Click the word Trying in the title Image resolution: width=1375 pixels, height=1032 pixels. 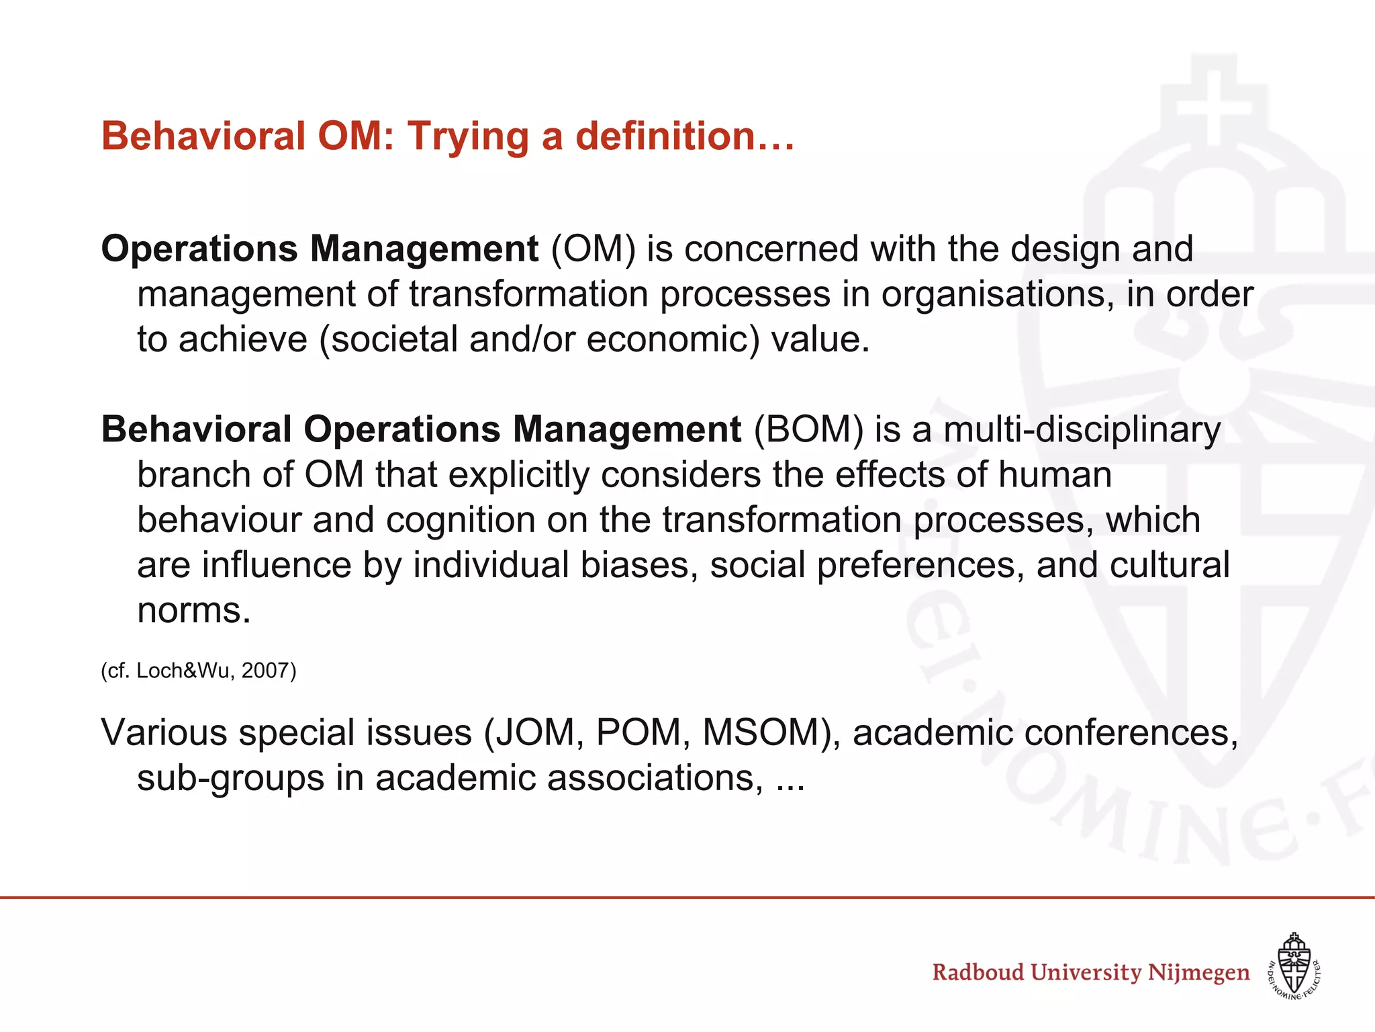point(469,137)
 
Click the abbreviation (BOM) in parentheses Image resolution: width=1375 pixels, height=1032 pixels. point(808,429)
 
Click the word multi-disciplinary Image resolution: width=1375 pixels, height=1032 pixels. point(1082,429)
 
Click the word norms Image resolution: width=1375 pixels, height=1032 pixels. point(193,610)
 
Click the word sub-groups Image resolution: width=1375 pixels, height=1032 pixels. point(231,779)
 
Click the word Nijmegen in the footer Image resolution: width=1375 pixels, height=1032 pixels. point(1198,972)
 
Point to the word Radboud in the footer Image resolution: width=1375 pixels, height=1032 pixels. point(978,972)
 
